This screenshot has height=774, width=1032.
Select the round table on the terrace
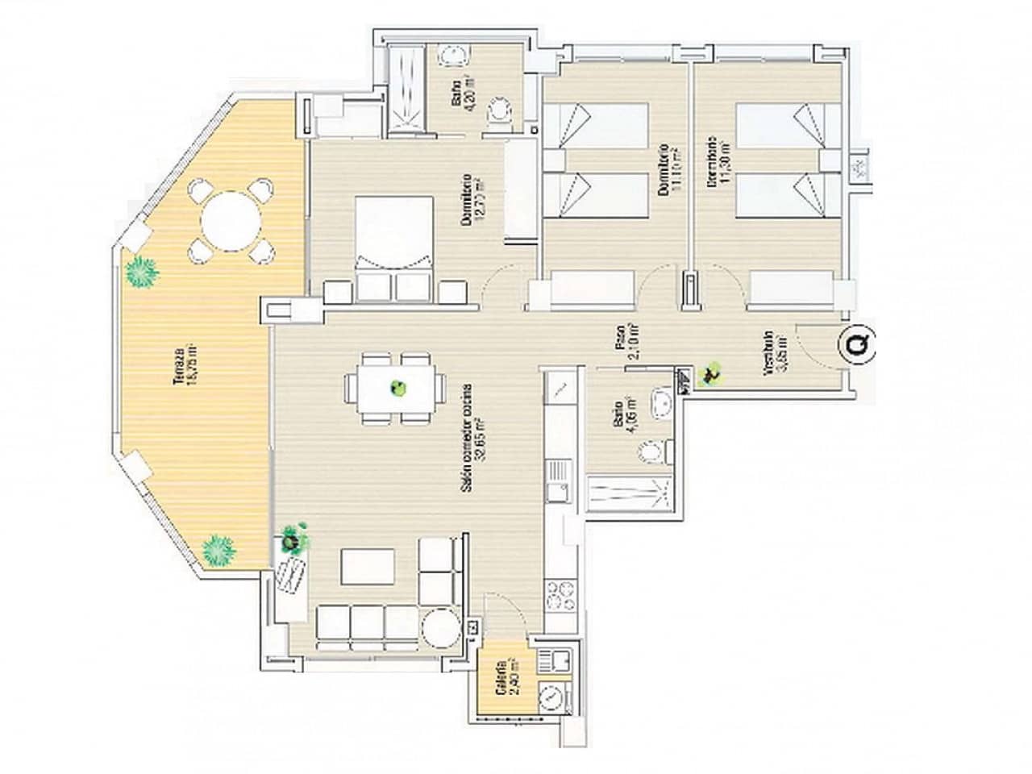(230, 218)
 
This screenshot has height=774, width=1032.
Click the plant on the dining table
(397, 389)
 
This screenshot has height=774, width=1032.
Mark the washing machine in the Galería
(552, 696)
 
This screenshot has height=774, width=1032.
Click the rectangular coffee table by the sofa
(368, 566)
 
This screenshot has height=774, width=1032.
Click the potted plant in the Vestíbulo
(710, 373)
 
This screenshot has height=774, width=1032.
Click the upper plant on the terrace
(142, 272)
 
